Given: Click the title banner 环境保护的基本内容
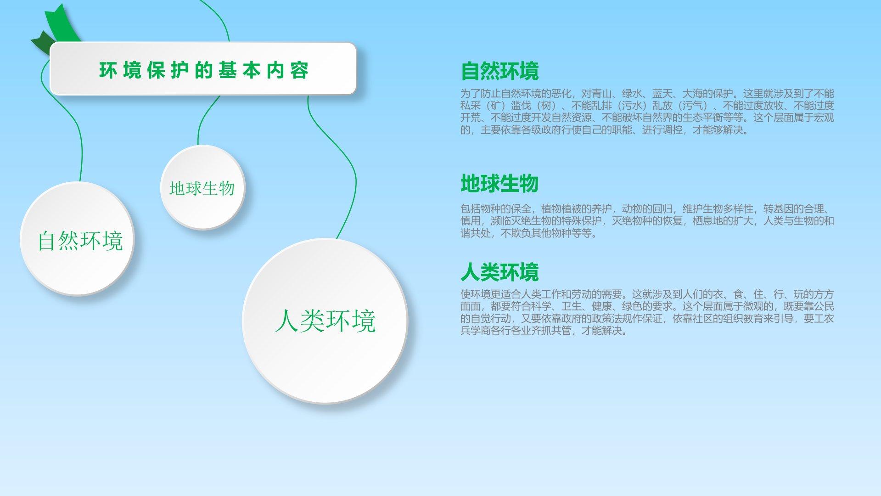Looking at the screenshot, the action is (x=203, y=68).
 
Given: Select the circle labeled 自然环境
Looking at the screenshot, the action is (x=77, y=238).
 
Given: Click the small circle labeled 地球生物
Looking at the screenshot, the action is (x=202, y=187).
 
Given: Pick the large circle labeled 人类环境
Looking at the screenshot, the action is (x=325, y=321).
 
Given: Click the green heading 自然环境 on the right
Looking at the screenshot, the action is (x=499, y=71).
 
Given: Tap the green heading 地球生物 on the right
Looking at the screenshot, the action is (x=499, y=183).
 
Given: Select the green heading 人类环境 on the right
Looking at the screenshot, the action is (x=499, y=272).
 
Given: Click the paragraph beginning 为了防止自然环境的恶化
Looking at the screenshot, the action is (x=647, y=112).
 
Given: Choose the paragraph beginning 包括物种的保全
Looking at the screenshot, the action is (x=647, y=221).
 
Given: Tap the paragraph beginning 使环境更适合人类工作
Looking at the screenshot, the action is (x=647, y=312).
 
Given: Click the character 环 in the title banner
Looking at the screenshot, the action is (x=108, y=70).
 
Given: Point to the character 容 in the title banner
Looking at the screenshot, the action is (x=299, y=70).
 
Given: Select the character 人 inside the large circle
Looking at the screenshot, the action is (x=287, y=321).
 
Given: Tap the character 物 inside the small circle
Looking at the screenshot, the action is (x=227, y=188).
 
